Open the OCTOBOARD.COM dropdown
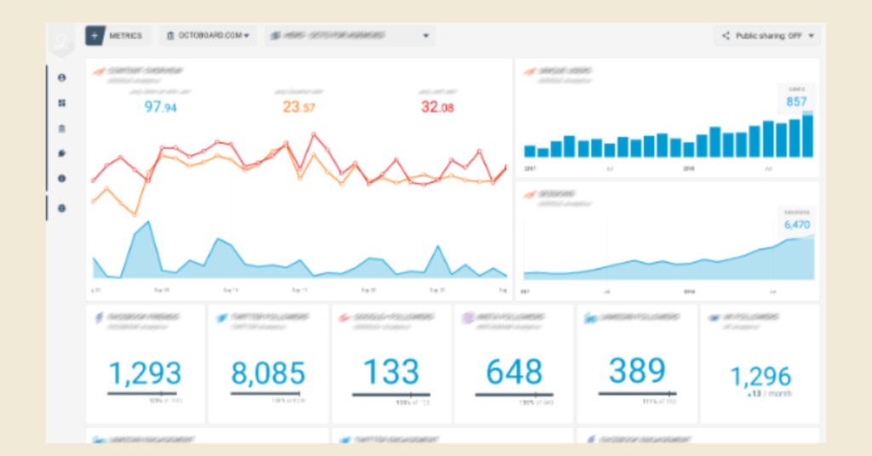(x=209, y=36)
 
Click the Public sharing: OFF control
(x=768, y=36)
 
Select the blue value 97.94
(x=160, y=107)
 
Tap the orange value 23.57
(x=298, y=107)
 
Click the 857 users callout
(x=796, y=101)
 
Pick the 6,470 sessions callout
(x=796, y=225)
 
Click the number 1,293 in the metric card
(x=145, y=373)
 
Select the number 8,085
(x=268, y=373)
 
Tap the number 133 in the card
(x=392, y=372)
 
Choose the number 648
(x=514, y=372)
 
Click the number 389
(x=638, y=371)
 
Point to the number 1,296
(x=760, y=375)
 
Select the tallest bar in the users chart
(x=807, y=135)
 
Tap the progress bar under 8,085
(x=267, y=393)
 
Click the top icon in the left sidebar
(x=61, y=77)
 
